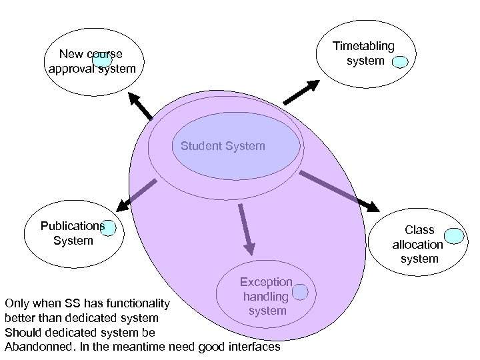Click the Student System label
point(223,145)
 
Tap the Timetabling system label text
point(365,53)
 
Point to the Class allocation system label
point(418,244)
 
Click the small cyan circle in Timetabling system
point(400,63)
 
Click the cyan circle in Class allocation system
point(454,236)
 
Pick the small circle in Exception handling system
point(300,291)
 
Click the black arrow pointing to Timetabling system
point(303,92)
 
